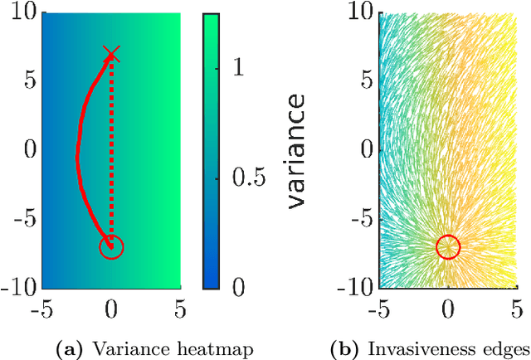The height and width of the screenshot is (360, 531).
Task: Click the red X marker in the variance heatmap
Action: [111, 55]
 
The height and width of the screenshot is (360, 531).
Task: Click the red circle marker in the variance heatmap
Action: [111, 246]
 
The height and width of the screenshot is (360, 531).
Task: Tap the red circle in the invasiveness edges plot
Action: [448, 246]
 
